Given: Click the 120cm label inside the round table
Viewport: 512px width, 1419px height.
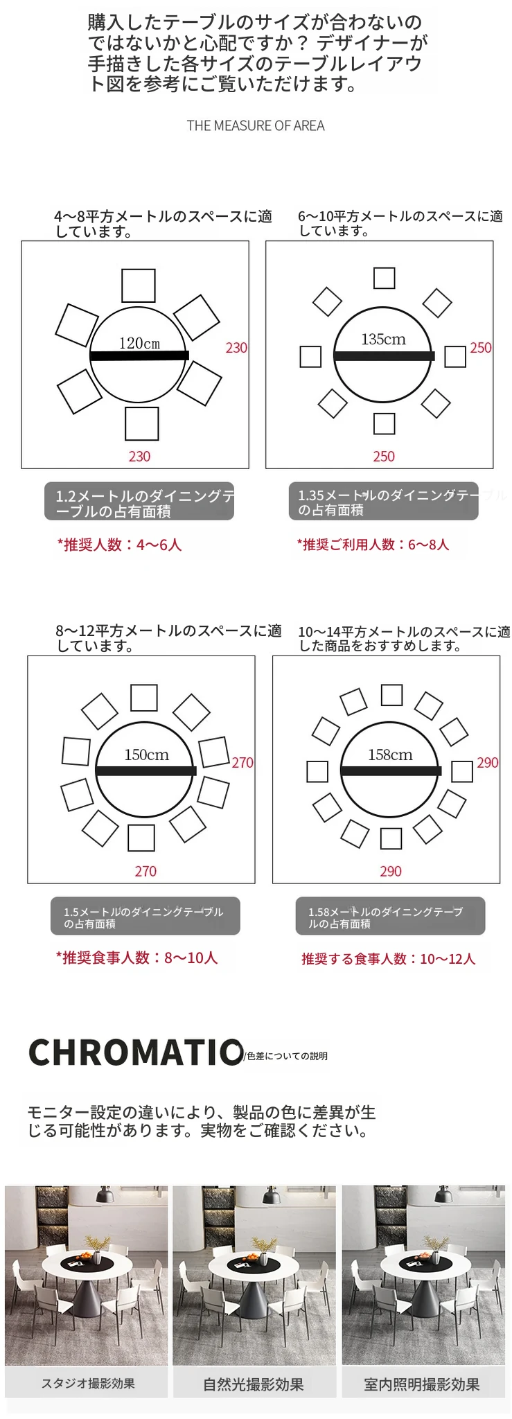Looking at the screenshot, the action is pyautogui.click(x=139, y=343).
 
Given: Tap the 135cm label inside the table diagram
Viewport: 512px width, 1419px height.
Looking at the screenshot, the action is pyautogui.click(x=383, y=340).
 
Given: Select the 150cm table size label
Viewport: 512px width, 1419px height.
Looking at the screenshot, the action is pyautogui.click(x=146, y=755).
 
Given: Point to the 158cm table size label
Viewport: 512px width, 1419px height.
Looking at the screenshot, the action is pyautogui.click(x=390, y=755).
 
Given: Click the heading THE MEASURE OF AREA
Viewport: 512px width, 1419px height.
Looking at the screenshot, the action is pyautogui.click(x=256, y=125).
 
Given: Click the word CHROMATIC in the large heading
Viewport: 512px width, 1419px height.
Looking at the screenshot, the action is pyautogui.click(x=136, y=1052).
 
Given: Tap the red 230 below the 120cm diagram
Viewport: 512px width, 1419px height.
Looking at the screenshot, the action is pyautogui.click(x=139, y=457).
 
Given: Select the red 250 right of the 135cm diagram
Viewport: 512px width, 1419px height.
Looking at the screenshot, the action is pyautogui.click(x=481, y=348).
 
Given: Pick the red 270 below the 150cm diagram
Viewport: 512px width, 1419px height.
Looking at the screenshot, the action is pyautogui.click(x=145, y=871).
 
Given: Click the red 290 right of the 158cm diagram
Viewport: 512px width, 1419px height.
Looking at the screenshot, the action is pyautogui.click(x=488, y=762).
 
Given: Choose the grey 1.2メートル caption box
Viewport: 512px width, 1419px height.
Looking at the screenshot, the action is pyautogui.click(x=139, y=501).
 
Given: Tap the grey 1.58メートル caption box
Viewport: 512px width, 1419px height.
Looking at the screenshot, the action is pyautogui.click(x=390, y=916).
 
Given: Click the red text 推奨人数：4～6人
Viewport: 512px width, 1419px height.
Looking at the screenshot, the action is pyautogui.click(x=119, y=545).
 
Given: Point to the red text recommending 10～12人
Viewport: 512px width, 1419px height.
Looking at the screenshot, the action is pyautogui.click(x=389, y=959).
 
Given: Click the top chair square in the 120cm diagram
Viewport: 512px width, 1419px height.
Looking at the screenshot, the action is pyautogui.click(x=139, y=285).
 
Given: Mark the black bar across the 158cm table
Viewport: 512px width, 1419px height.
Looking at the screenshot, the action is pyautogui.click(x=391, y=770).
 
